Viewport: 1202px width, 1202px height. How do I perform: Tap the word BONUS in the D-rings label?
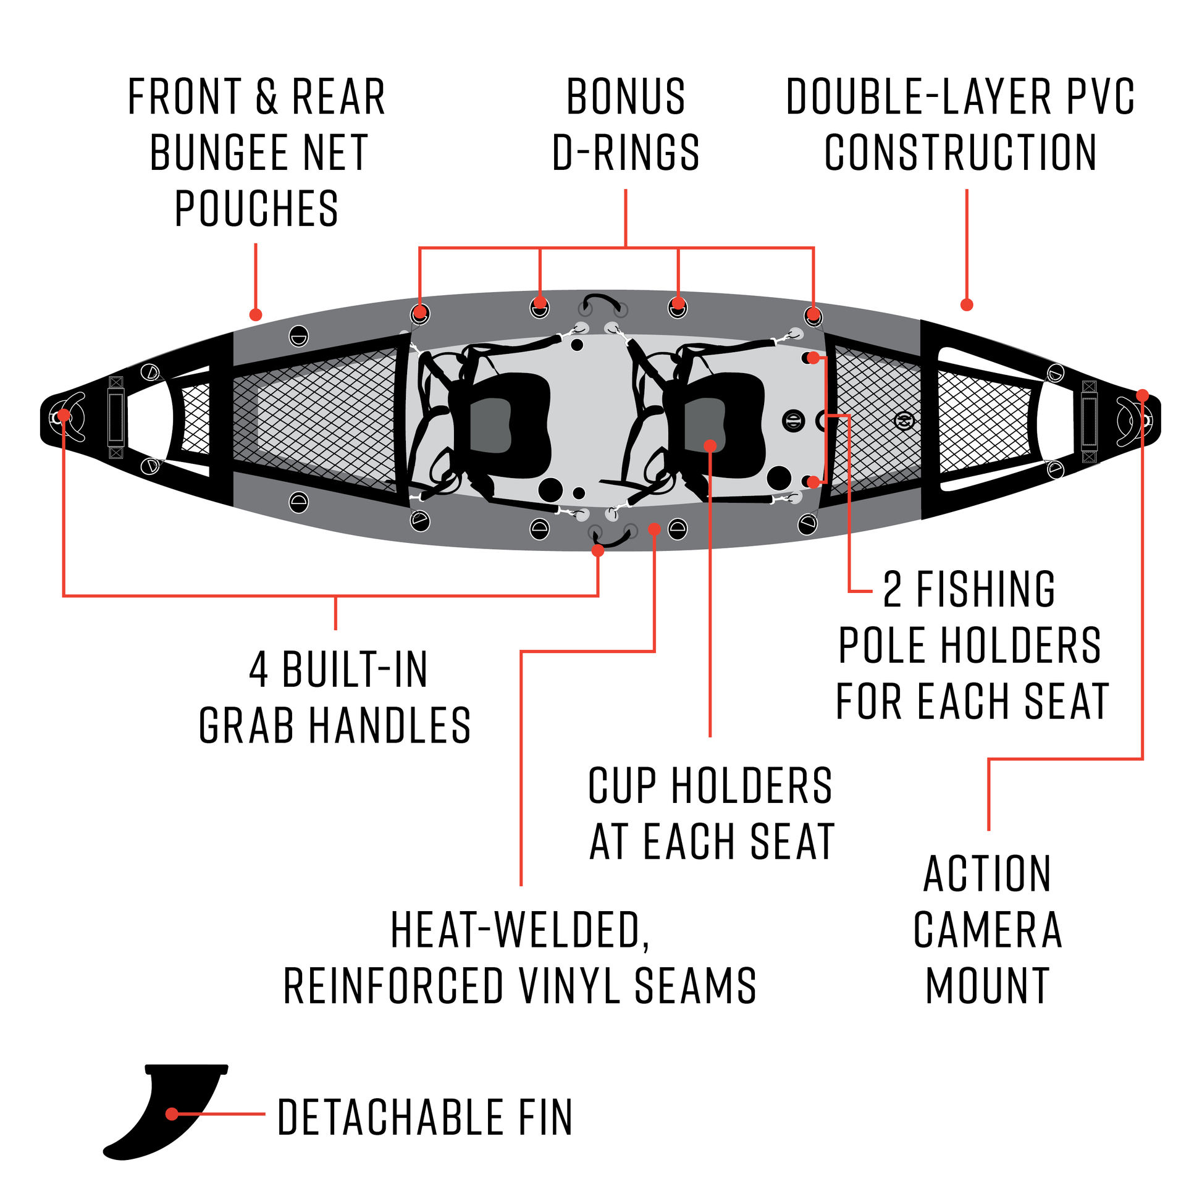pos(625,97)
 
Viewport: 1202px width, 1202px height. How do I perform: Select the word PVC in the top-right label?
pos(1101,97)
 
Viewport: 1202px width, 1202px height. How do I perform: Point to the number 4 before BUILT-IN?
pos(259,670)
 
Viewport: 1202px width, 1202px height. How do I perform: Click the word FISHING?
pos(985,589)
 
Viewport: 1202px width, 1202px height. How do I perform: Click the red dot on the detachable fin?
pos(172,1114)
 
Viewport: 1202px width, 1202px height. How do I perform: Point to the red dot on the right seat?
pos(710,445)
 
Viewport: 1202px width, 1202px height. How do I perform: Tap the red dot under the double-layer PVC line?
pos(966,305)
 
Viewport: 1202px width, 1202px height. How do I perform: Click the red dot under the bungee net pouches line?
pos(256,314)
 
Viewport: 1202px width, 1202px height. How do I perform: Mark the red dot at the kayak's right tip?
pos(1142,395)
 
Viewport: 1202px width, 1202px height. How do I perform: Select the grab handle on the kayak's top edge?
pos(601,301)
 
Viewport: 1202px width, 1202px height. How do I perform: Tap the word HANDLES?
pos(390,726)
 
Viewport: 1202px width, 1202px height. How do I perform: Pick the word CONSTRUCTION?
pos(960,153)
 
